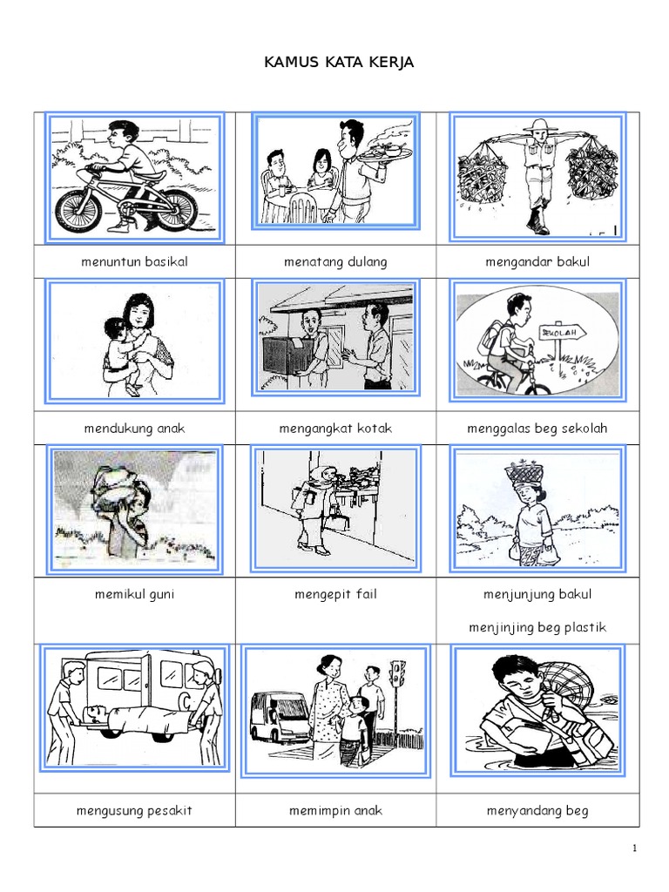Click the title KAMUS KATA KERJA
(x=339, y=62)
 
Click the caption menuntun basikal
(x=134, y=261)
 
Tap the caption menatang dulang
(x=335, y=261)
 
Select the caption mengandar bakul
(x=537, y=261)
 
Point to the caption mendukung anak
(x=134, y=429)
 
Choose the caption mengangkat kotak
(x=335, y=429)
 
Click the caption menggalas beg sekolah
(x=537, y=429)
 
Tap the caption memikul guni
(x=134, y=594)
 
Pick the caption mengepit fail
(x=335, y=594)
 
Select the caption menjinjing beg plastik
(x=537, y=627)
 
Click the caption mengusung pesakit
(x=134, y=811)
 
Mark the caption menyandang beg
(x=537, y=811)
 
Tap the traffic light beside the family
(x=398, y=674)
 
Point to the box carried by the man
(x=287, y=355)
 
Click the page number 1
(x=634, y=848)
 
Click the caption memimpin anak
(x=335, y=811)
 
